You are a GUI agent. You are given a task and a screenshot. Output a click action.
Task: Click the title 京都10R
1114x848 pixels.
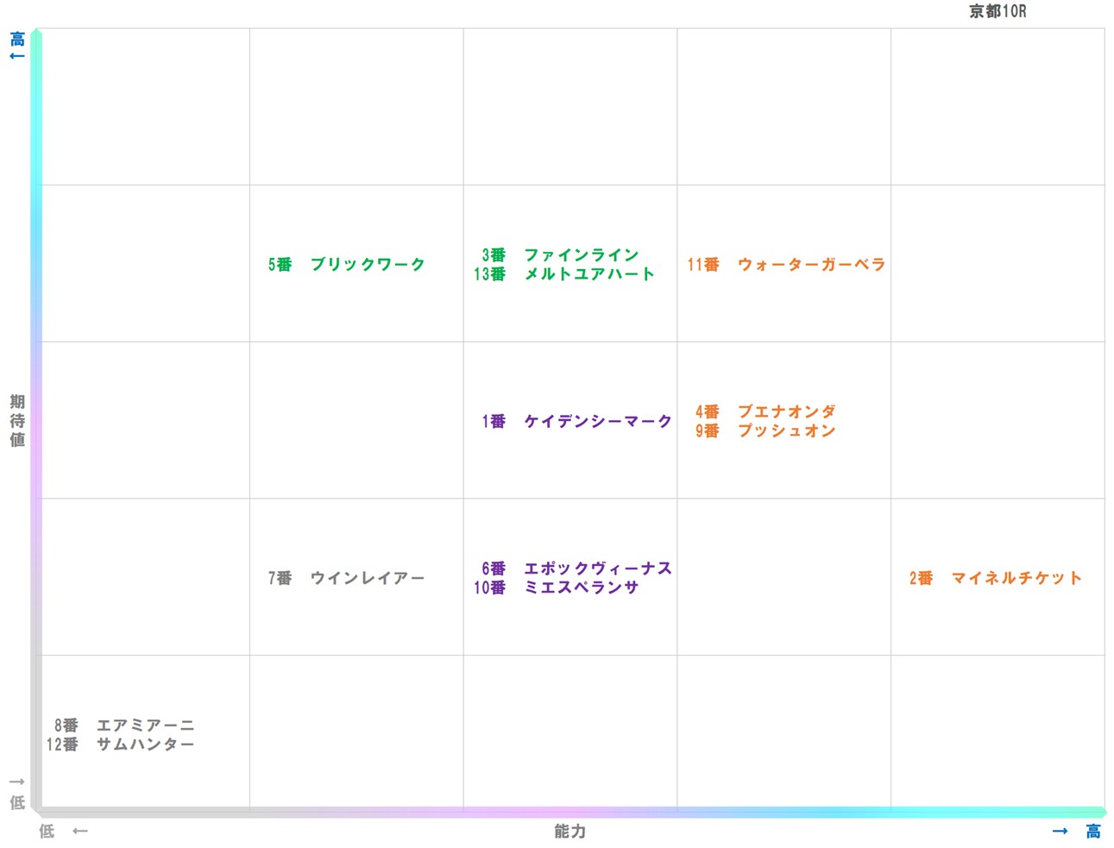click(998, 11)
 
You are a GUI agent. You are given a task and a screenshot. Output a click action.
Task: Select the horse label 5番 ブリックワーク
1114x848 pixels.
click(346, 265)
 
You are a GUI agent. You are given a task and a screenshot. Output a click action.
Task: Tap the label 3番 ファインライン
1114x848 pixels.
click(560, 255)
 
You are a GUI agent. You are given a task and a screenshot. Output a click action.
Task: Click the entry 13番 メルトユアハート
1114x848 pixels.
click(563, 274)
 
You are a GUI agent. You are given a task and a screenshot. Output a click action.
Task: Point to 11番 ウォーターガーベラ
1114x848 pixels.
click(786, 265)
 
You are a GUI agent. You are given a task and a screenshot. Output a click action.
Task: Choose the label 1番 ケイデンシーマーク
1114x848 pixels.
click(576, 422)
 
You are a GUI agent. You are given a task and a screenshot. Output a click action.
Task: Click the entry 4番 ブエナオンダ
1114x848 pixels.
click(765, 412)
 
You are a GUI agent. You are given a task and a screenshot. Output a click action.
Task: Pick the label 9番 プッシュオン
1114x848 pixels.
click(765, 431)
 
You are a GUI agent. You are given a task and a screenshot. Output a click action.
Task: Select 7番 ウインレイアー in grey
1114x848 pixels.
click(346, 578)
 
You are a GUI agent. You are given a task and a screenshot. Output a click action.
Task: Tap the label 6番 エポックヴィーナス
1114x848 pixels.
click(576, 568)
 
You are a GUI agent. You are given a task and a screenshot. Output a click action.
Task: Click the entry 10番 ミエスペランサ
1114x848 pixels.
click(557, 587)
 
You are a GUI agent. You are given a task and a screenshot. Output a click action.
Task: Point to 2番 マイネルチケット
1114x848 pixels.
click(995, 578)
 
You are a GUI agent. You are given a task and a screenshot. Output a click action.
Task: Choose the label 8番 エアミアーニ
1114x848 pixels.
click(124, 726)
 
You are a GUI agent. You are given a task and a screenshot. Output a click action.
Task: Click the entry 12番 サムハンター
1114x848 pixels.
click(120, 744)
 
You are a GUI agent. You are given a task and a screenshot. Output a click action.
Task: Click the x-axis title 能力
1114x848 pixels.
click(570, 832)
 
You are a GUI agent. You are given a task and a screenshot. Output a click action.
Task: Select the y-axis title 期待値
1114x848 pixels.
click(17, 421)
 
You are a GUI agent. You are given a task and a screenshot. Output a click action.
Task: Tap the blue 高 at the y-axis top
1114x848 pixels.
click(17, 39)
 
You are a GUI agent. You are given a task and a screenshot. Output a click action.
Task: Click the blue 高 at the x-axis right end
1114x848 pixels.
click(1093, 832)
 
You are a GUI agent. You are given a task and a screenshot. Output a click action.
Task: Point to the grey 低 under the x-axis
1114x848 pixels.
click(47, 832)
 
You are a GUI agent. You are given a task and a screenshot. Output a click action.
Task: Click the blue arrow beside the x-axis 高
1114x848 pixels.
click(1061, 832)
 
